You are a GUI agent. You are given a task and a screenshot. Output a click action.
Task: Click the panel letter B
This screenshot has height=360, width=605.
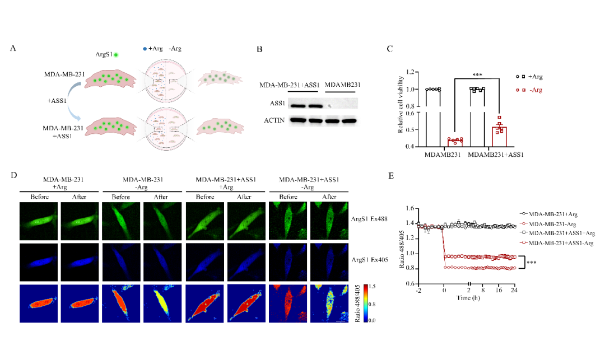point(259,49)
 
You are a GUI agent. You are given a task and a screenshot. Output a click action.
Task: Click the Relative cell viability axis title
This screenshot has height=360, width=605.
point(401,109)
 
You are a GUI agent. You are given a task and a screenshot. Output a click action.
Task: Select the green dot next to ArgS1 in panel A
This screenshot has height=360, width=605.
point(116,55)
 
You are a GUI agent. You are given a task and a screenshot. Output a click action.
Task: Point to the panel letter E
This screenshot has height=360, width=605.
point(392,176)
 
